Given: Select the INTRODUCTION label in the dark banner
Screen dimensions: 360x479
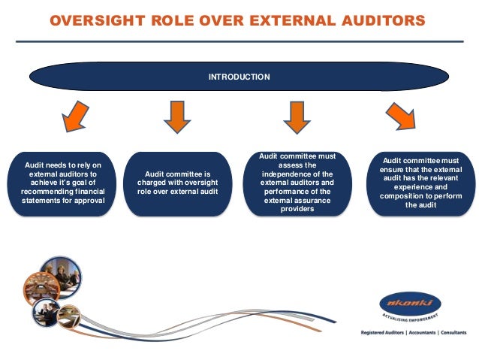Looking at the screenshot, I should [x=239, y=77].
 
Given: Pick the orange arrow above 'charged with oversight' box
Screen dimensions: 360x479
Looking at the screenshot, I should [x=178, y=118].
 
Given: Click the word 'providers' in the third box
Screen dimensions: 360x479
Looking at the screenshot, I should [x=296, y=209].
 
